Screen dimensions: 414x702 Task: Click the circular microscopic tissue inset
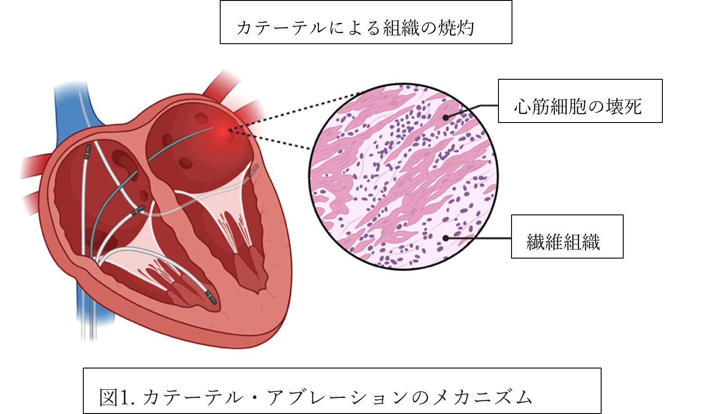[403, 177]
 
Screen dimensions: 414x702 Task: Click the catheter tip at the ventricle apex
[211, 298]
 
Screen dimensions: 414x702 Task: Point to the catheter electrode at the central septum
[137, 210]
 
